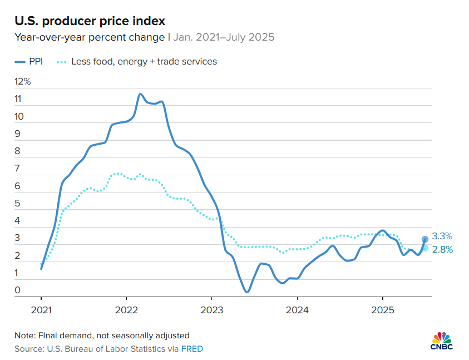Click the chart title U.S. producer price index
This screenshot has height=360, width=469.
coord(90,21)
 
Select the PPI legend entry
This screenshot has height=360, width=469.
coord(36,61)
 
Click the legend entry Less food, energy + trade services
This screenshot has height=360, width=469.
coord(144,61)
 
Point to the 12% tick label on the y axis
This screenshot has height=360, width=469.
coord(23,82)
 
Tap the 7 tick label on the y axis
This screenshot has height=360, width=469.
coord(18,169)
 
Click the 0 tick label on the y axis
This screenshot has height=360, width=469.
coord(18,290)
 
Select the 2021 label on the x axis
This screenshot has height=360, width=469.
coord(41,309)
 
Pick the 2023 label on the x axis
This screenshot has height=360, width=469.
coord(212,309)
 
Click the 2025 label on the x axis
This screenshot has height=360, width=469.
coord(383,309)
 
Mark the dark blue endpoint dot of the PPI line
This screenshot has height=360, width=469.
coord(425,239)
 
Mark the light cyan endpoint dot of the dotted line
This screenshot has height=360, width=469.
coord(425,248)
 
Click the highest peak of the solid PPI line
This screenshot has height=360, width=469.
coord(140,94)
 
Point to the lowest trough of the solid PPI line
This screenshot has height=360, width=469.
coord(246,291)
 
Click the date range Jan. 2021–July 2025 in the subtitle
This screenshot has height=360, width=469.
coord(224,38)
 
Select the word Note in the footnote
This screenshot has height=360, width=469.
coord(24,336)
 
